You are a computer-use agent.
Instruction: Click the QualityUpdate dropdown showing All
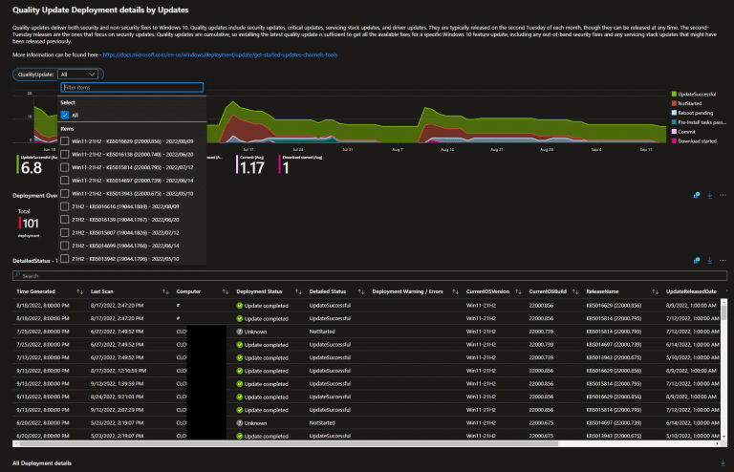pyautogui.click(x=76, y=73)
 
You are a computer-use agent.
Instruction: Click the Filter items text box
pyautogui.click(x=132, y=87)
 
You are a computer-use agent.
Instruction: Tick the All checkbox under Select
pyautogui.click(x=65, y=115)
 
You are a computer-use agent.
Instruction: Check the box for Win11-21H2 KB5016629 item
pyautogui.click(x=65, y=140)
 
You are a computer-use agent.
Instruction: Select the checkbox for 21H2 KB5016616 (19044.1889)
pyautogui.click(x=65, y=204)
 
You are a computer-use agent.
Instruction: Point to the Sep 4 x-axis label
pyautogui.click(x=596, y=150)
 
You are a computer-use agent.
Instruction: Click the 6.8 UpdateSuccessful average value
pyautogui.click(x=31, y=168)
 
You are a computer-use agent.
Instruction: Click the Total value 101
pyautogui.click(x=29, y=223)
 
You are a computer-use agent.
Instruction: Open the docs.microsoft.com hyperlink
pyautogui.click(x=220, y=54)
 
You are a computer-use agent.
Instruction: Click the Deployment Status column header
pyautogui.click(x=259, y=290)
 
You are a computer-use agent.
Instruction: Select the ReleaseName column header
pyautogui.click(x=603, y=290)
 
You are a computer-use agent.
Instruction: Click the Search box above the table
pyautogui.click(x=191, y=275)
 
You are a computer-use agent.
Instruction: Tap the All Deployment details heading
pyautogui.click(x=42, y=463)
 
